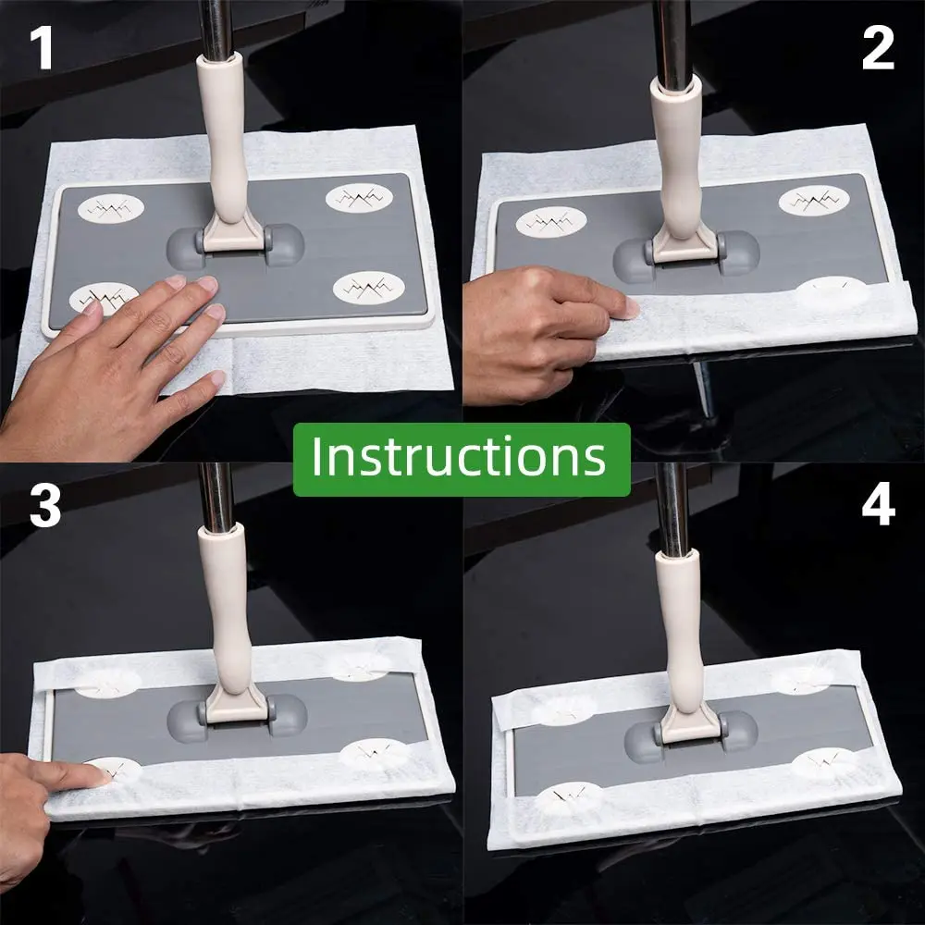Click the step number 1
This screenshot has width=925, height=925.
(x=42, y=48)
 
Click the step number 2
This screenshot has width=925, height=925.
(x=878, y=48)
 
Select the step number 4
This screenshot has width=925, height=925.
(x=879, y=506)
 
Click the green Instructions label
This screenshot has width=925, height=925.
(x=462, y=459)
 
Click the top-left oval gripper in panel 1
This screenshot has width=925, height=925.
(x=111, y=208)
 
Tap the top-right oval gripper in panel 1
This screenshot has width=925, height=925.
(x=359, y=198)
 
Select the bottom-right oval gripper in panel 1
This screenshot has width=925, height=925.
(x=369, y=288)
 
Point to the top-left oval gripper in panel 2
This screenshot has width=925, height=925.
(x=551, y=222)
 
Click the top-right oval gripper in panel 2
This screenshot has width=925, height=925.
(x=814, y=201)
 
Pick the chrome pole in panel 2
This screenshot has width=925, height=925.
(x=672, y=42)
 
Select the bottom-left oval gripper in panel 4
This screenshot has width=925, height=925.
(x=569, y=798)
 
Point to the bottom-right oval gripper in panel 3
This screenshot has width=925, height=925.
(x=374, y=753)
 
